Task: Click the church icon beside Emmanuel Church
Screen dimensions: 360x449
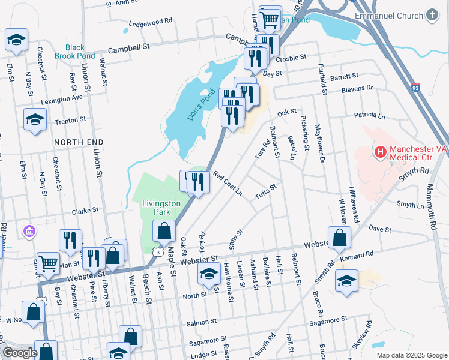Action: [431, 14]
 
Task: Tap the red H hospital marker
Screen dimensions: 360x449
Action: [379, 152]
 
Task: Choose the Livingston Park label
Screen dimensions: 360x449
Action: [161, 208]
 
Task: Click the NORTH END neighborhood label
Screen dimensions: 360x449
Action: [75, 142]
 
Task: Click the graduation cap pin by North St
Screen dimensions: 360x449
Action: [208, 275]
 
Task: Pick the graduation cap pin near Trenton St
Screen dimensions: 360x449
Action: [35, 119]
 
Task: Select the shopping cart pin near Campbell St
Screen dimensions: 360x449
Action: [270, 17]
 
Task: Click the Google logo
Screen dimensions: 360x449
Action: [20, 353]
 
